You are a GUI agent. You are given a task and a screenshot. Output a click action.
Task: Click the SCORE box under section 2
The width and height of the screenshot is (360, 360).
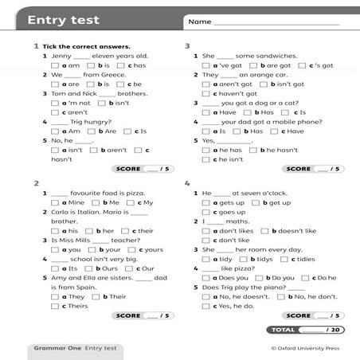(x=143, y=315)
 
